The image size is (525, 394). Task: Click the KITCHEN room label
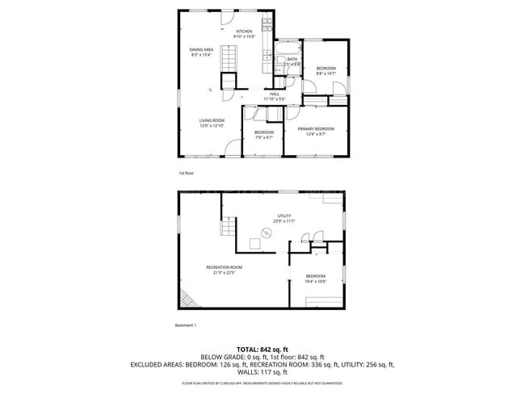pos(244,31)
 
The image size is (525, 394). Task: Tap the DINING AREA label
pos(202,49)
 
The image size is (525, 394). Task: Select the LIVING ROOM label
pos(212,120)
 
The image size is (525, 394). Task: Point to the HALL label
pos(275,94)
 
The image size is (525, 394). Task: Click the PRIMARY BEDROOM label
pos(316,128)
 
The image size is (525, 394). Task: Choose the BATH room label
pos(292,59)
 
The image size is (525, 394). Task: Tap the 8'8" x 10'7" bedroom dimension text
pos(326,73)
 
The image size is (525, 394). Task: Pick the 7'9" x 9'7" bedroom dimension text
pos(264,137)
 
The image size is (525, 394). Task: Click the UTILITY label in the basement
pos(283,216)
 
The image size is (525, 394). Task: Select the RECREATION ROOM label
pos(224,267)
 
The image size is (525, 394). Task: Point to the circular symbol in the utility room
pos(261,232)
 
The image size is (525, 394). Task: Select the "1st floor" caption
pos(186,174)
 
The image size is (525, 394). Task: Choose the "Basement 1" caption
pos(186,325)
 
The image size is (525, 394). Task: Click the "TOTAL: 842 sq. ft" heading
pos(262,348)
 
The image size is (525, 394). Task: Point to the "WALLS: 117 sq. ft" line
pos(262,372)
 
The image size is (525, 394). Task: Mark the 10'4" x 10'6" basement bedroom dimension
pos(315,280)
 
